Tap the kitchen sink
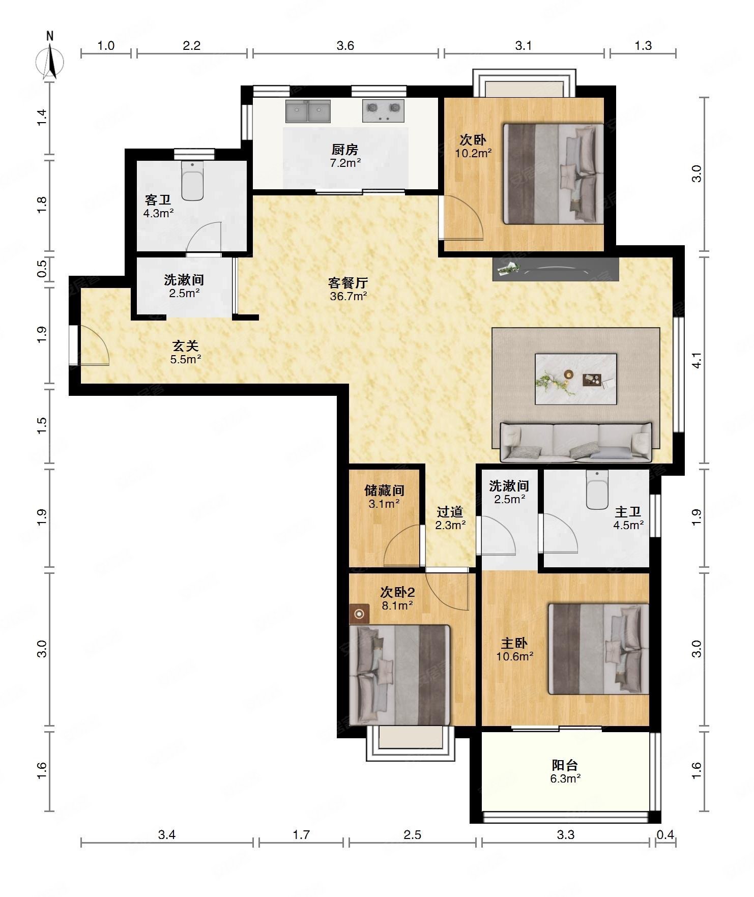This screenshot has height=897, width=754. click(x=308, y=111)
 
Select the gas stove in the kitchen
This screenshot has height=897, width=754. click(x=383, y=111)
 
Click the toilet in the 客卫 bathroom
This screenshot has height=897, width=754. click(x=192, y=181)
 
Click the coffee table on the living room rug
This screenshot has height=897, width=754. click(x=576, y=379)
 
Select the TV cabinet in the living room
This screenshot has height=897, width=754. click(x=556, y=269)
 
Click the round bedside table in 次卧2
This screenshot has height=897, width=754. click(x=360, y=615)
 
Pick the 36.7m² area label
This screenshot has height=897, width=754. click(x=349, y=296)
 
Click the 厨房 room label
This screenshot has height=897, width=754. click(x=345, y=150)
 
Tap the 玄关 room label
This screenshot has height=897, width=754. click(x=185, y=346)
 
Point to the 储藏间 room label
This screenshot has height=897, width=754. click(x=384, y=490)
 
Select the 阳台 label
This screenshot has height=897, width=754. click(x=565, y=765)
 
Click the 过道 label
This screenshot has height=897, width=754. click(x=450, y=512)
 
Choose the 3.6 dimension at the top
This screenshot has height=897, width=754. click(x=345, y=45)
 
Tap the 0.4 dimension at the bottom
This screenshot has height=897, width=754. click(x=665, y=835)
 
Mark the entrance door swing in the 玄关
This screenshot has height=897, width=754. click(x=95, y=345)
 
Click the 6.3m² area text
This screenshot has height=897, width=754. click(x=565, y=778)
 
